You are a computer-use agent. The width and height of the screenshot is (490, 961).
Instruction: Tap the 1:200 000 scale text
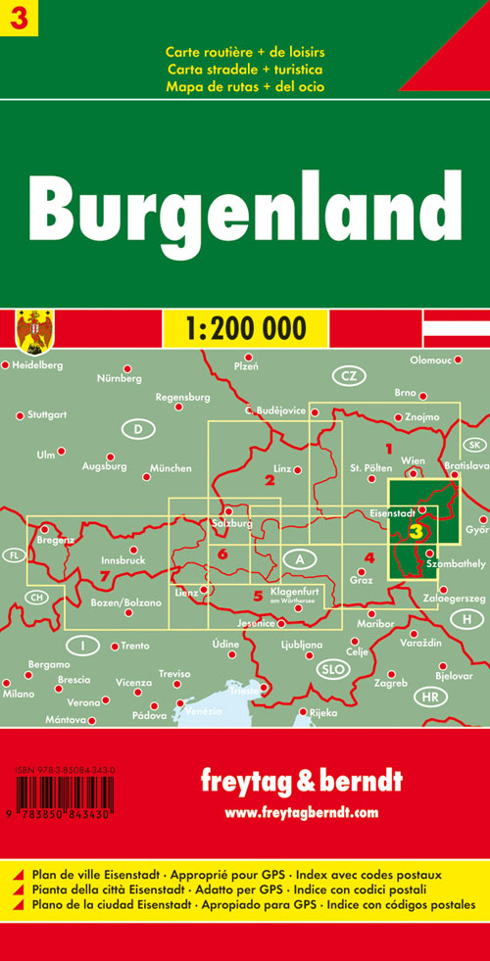[x=244, y=326]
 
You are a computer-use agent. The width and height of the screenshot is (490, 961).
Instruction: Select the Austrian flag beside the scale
[x=456, y=327]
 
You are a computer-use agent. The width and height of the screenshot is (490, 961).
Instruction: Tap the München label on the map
[x=172, y=469]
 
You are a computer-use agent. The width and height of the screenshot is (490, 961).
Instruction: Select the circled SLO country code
[x=330, y=669]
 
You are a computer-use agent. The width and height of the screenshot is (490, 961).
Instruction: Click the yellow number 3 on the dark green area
[x=417, y=531]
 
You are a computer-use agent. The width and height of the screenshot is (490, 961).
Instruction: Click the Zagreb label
[x=390, y=681]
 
